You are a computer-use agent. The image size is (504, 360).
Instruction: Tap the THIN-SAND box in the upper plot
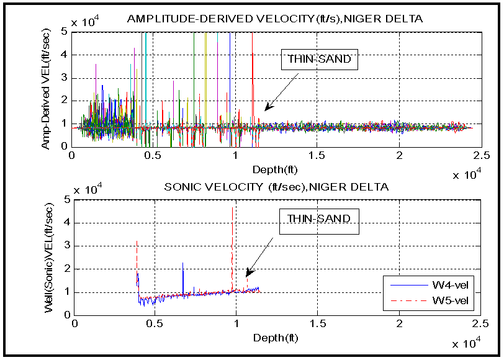(x=318, y=60)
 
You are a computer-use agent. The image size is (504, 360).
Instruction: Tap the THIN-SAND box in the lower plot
(x=318, y=218)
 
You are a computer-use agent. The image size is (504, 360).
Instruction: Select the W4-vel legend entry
(x=435, y=285)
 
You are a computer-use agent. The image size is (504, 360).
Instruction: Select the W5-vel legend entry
(x=435, y=302)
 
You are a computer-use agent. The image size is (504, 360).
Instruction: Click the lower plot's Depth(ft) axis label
(x=276, y=338)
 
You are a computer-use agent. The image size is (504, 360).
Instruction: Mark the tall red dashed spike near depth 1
(x=233, y=248)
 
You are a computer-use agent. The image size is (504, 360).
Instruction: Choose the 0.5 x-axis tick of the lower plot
(x=156, y=323)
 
